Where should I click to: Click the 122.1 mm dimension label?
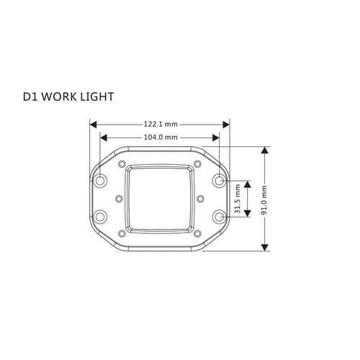tap(161, 125)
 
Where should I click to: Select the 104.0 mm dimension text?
tap(161, 138)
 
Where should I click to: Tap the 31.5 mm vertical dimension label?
tap(238, 199)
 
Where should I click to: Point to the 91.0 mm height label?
tap(264, 200)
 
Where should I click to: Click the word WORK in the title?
tap(59, 96)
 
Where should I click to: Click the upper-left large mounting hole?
tap(100, 180)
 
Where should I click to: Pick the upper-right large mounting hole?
tap(219, 180)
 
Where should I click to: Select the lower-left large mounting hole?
tap(100, 217)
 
